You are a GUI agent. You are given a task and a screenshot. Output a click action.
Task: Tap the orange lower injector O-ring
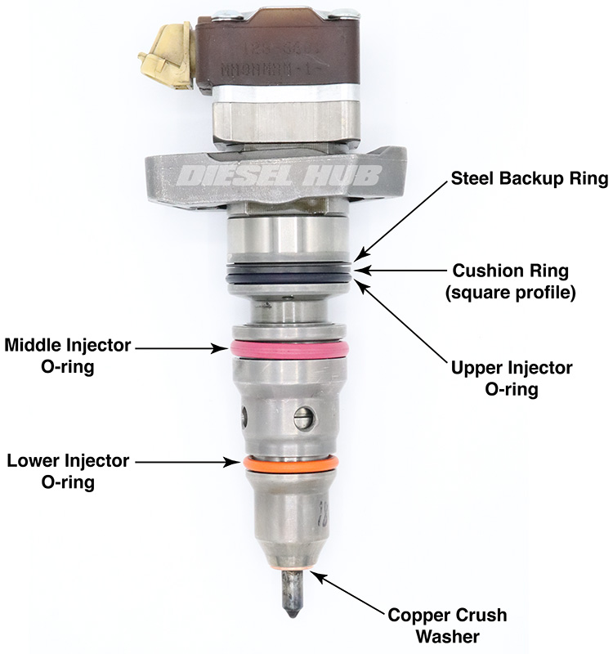[x=291, y=464]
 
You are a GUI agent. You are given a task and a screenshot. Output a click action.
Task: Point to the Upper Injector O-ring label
[x=512, y=379]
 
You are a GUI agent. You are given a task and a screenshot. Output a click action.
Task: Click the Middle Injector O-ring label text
[x=68, y=356]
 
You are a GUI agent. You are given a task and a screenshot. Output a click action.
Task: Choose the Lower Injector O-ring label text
[x=68, y=472]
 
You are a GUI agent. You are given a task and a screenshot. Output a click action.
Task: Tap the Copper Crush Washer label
[x=447, y=625]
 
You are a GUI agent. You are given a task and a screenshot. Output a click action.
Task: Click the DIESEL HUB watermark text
[x=291, y=174]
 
